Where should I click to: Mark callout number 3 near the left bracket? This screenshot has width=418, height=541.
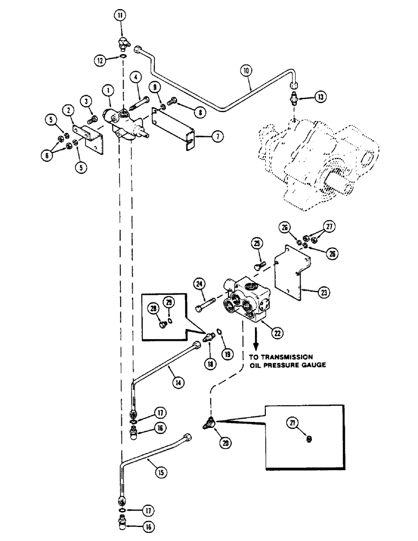86,100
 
